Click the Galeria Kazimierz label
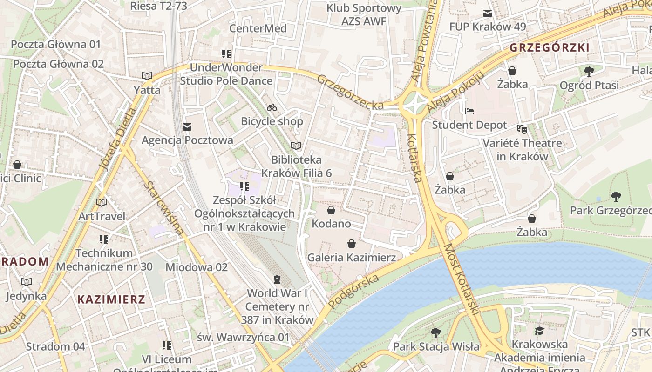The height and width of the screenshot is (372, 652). click(x=352, y=257)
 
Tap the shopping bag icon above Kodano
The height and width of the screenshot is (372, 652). click(x=331, y=210)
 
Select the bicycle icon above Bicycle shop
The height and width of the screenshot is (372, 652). click(x=272, y=108)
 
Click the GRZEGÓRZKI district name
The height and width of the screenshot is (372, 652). click(x=550, y=47)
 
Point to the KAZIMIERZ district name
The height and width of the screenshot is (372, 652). click(x=111, y=299)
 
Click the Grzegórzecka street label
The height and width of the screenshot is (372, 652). click(x=350, y=92)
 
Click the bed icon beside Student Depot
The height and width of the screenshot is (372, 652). click(x=469, y=111)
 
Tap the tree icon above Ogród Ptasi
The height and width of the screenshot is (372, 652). click(x=589, y=71)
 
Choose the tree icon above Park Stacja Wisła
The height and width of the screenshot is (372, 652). click(x=436, y=332)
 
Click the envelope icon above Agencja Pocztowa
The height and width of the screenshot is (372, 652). click(x=187, y=126)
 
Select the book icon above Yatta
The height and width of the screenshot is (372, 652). click(x=147, y=76)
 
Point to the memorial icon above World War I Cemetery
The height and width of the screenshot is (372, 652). click(x=278, y=279)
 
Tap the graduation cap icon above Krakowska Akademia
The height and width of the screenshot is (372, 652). click(x=539, y=331)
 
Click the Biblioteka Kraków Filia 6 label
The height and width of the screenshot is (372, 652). click(x=296, y=166)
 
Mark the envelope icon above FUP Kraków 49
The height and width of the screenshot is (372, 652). click(x=488, y=13)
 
